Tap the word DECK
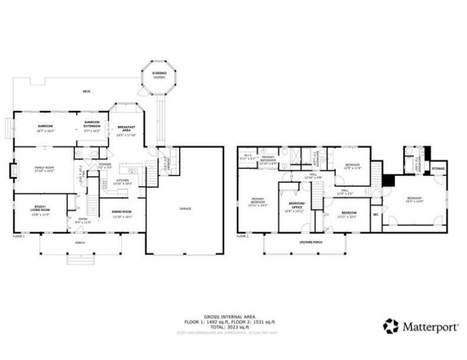(86, 92)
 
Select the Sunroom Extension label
(92, 124)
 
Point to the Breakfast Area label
(126, 130)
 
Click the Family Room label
(45, 169)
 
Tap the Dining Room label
(123, 214)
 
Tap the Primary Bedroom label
(257, 202)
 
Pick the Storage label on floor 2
(438, 169)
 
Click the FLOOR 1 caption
(19, 236)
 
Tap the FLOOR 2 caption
(242, 236)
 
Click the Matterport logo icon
(391, 326)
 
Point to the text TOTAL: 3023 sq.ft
(228, 328)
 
